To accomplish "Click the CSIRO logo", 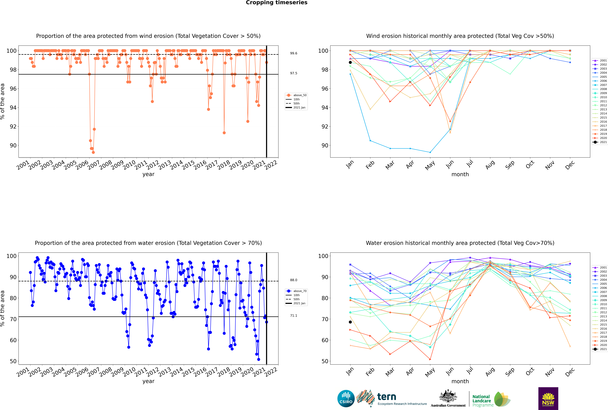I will (346, 399).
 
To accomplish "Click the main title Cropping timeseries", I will (277, 3).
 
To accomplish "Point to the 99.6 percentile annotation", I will (294, 53).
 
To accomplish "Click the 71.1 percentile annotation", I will (294, 316).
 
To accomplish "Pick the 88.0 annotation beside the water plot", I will (294, 280).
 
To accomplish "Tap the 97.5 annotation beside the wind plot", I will (294, 73).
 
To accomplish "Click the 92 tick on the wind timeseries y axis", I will (13, 127).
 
